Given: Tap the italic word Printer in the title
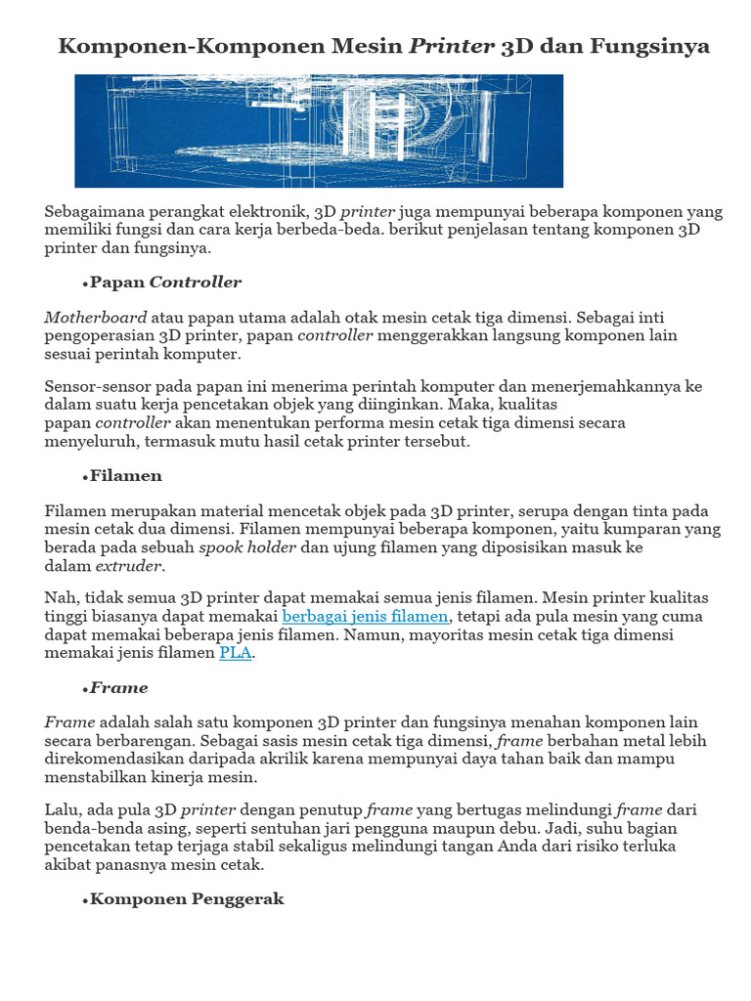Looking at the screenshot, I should [451, 46].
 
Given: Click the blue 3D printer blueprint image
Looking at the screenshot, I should [319, 131].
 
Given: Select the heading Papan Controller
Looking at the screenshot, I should [165, 283].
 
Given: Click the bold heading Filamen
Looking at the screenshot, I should [126, 476].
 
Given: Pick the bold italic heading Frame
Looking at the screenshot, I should [119, 688].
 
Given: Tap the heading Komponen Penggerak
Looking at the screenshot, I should [187, 899].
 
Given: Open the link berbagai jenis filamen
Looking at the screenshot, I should [366, 617].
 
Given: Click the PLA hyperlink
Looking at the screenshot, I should [236, 653].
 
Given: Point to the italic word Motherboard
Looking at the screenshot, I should [96, 318].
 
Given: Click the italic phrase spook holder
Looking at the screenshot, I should [247, 547].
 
